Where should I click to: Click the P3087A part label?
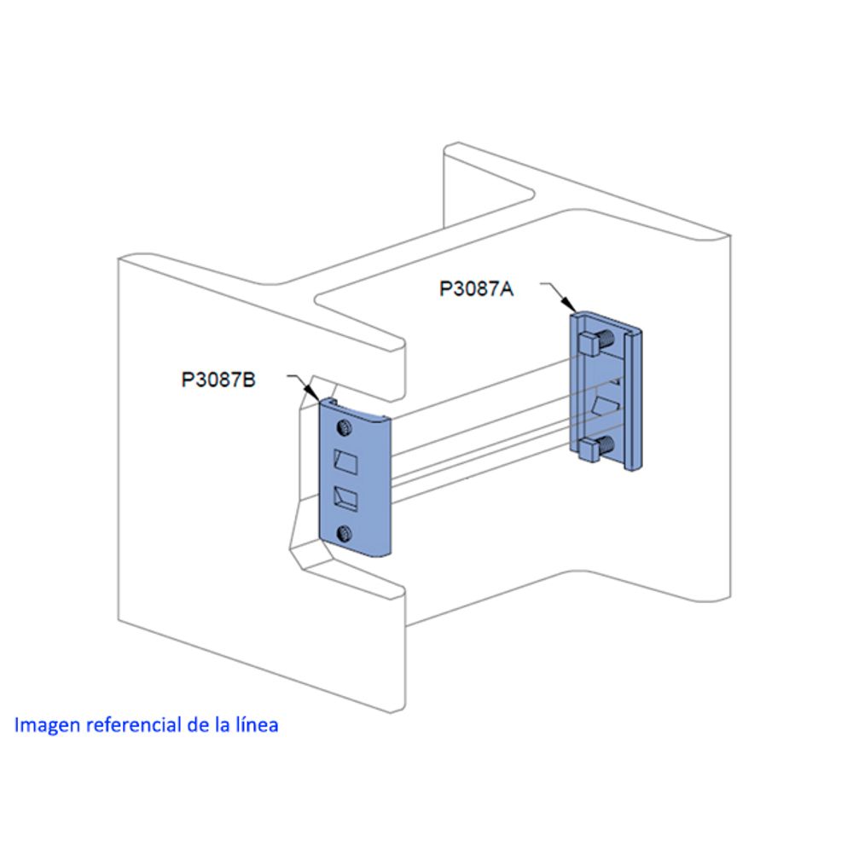[x=476, y=288]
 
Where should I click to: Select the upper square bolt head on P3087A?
[x=588, y=344]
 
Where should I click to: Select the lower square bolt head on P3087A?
[x=589, y=450]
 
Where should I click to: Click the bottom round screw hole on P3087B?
[x=345, y=534]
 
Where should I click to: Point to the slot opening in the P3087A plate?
[x=606, y=404]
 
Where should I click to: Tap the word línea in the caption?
[x=256, y=726]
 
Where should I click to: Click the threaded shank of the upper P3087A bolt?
[x=608, y=339]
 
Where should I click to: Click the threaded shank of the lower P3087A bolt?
[x=608, y=444]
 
